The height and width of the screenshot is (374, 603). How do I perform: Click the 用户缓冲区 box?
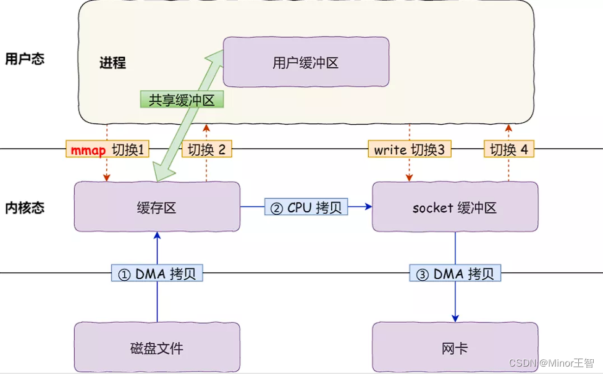click(x=306, y=62)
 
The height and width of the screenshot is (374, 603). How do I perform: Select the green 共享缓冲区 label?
click(x=182, y=100)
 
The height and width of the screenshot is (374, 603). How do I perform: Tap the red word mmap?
click(x=88, y=150)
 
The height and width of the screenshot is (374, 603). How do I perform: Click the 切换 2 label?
click(x=206, y=150)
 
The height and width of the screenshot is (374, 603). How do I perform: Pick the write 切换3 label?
click(x=409, y=150)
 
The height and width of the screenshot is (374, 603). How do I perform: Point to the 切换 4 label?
click(x=509, y=150)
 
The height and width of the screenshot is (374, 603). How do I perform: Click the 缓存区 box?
click(x=157, y=207)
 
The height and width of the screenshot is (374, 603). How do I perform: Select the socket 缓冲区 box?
click(x=455, y=207)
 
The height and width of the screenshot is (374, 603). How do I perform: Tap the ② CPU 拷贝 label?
click(x=306, y=207)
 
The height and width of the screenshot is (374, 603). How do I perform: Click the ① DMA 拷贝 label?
click(x=157, y=274)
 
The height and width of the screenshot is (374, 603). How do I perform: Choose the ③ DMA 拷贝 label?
click(x=455, y=274)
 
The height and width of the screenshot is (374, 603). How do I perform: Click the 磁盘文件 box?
click(x=157, y=348)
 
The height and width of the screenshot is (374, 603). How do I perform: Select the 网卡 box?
click(x=455, y=348)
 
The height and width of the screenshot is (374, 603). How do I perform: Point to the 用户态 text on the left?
click(x=25, y=59)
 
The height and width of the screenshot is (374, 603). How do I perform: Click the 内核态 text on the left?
click(x=25, y=207)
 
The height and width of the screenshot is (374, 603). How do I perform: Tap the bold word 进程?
click(x=112, y=62)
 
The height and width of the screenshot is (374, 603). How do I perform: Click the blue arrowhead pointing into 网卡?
click(x=455, y=317)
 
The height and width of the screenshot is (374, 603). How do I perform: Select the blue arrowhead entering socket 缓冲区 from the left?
click(x=369, y=207)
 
